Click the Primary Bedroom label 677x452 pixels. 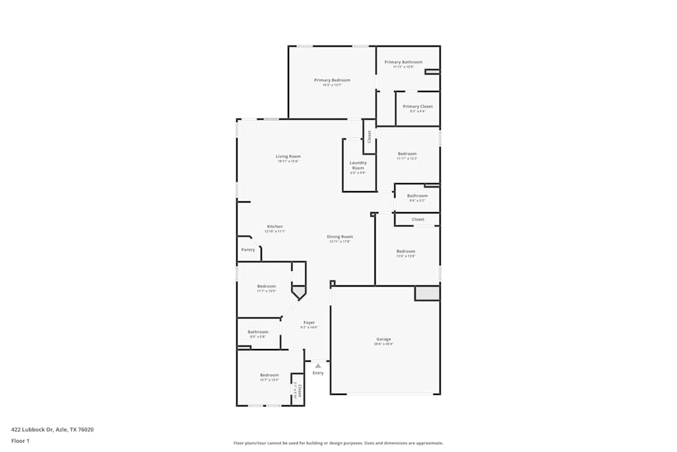pos(332,80)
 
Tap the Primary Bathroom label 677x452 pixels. pos(403,62)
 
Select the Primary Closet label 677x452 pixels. pos(418,106)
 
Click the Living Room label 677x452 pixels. pos(288,157)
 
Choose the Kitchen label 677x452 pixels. pos(275,226)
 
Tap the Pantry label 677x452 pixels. pos(248,249)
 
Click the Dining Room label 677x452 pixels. pos(340,237)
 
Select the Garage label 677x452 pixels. pos(384,339)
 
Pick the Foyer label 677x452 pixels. pos(309,323)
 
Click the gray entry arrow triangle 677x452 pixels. pos(318,366)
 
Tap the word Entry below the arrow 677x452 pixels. pos(318,373)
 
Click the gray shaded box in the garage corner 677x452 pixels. pos(427,293)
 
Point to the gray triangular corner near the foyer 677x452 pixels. pos(298,291)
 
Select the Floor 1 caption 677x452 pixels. pos(20,440)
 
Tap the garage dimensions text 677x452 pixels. pos(384,344)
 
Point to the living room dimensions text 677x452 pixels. pos(288,161)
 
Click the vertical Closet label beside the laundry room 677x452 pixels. pos(369,137)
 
